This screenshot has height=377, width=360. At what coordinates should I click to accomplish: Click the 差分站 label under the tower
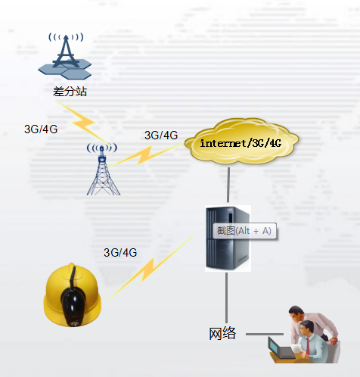pos(70,92)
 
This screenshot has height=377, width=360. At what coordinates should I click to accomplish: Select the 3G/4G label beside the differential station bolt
pos(41,129)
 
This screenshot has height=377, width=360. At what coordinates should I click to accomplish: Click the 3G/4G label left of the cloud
pos(161,136)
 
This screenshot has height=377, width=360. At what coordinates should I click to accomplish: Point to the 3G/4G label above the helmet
pos(120,252)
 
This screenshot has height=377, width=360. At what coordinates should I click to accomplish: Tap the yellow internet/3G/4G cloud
pos(241,142)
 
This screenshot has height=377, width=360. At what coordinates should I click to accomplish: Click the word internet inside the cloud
pos(223,143)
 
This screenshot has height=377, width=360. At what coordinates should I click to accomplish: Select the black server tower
pos(228,238)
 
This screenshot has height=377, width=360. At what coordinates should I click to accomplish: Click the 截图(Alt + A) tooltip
pos(244,231)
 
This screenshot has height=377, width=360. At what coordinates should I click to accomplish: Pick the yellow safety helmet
pos(73,294)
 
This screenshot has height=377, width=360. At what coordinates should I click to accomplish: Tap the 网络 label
pos(222,333)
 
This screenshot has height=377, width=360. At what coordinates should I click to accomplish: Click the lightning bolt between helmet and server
pos(150,269)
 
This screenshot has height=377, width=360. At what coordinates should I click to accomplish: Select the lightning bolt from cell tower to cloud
pos(147,155)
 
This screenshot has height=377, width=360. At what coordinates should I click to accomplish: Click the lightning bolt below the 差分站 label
pos(84,123)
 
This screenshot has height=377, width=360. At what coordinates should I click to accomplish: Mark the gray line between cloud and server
pos(228,185)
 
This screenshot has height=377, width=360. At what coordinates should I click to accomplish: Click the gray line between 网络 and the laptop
pos(265,334)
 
